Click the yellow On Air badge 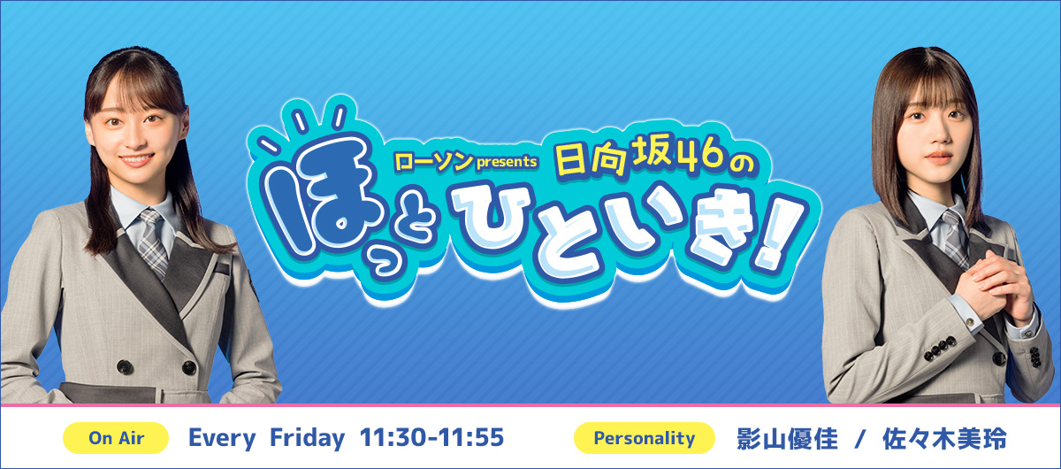click(116, 438)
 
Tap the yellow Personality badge click(645, 438)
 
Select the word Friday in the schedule click(307, 438)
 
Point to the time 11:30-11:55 click(431, 437)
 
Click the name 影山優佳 click(787, 438)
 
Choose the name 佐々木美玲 click(944, 438)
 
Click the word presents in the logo click(507, 162)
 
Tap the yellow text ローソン click(434, 162)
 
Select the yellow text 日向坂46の click(654, 156)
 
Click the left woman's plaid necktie click(153, 242)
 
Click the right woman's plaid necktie click(953, 237)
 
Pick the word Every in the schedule click(222, 438)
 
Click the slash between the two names click(860, 439)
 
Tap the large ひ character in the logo click(492, 219)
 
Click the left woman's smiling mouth click(136, 158)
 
